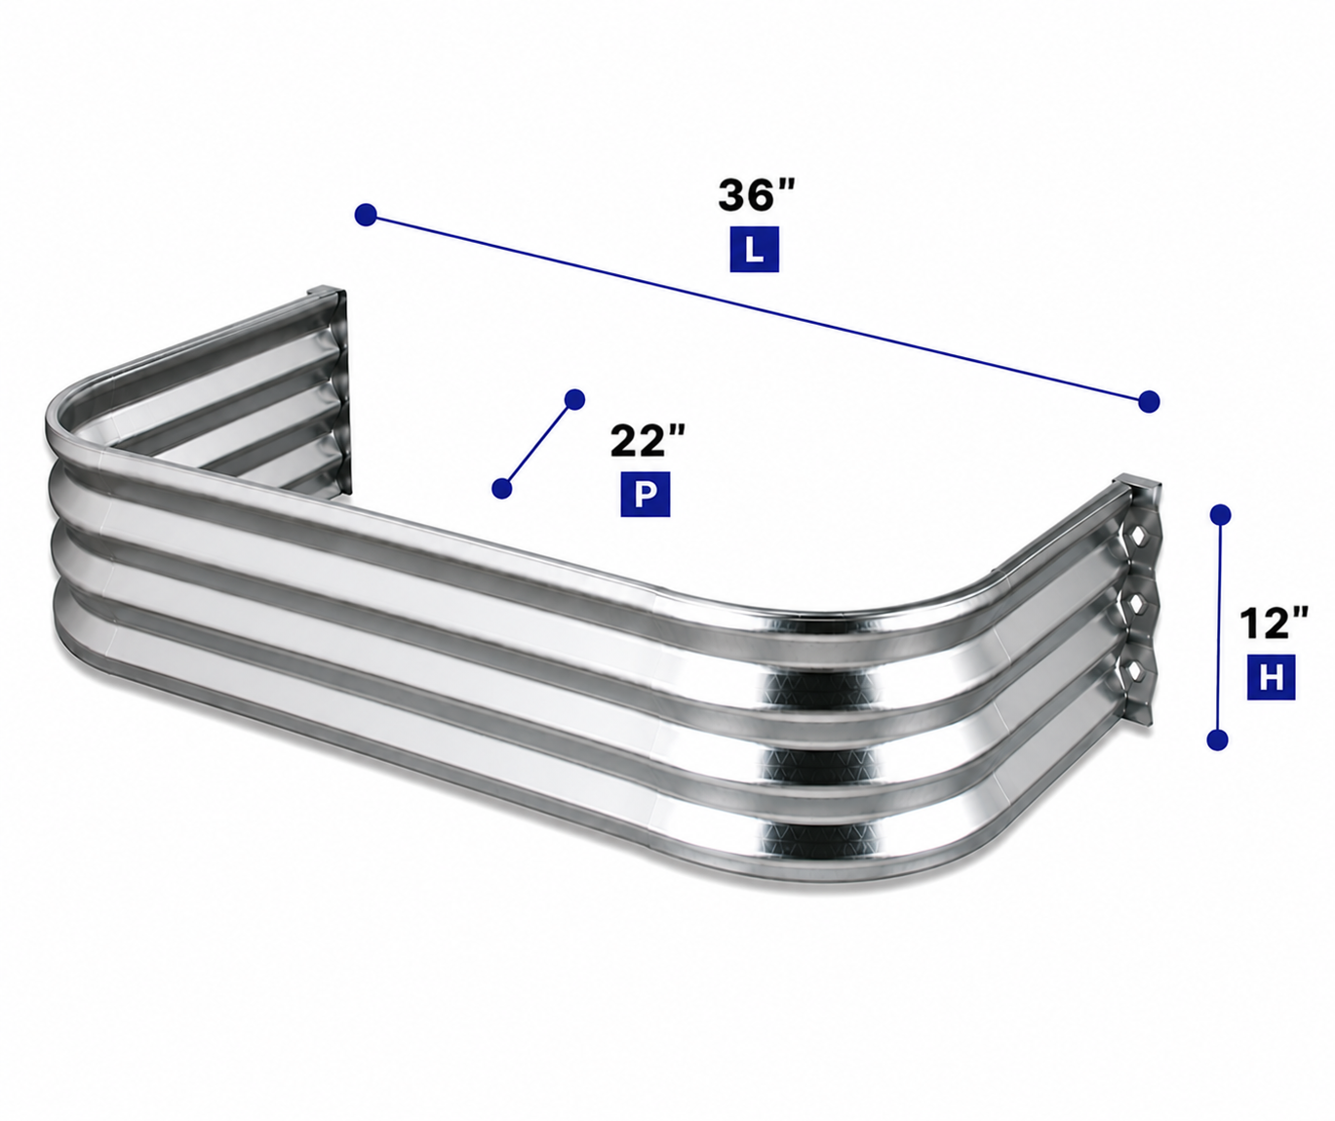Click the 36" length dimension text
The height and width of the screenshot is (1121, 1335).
tap(757, 195)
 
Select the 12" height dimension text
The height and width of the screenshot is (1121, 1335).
tap(1274, 622)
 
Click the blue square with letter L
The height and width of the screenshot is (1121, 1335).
tap(755, 249)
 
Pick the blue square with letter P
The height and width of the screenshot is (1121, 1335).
tap(646, 494)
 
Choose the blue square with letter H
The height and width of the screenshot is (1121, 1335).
tap(1272, 677)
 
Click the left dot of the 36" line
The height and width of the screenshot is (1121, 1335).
tap(366, 215)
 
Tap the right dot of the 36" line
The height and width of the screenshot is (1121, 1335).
tap(1149, 401)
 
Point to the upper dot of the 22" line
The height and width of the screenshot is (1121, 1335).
tap(574, 399)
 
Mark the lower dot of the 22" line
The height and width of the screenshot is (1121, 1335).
tap(502, 488)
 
